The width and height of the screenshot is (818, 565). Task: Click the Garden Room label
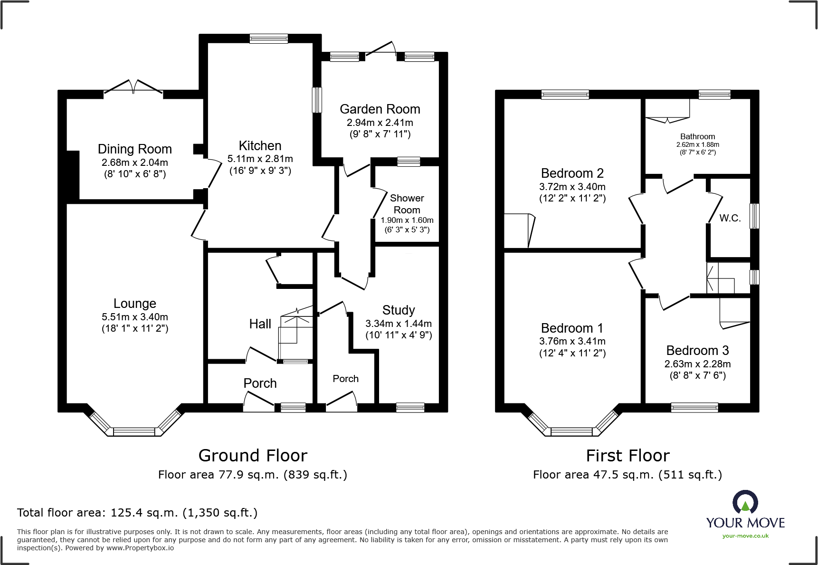point(380,109)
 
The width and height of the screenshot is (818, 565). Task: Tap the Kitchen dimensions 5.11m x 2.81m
point(260,159)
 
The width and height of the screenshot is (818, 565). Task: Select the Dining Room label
point(134,149)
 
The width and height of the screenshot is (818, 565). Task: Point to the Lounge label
point(134,303)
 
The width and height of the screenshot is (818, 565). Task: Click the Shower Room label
point(407,204)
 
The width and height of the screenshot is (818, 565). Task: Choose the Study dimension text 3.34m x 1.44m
point(398,324)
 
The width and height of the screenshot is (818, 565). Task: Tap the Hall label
point(260,324)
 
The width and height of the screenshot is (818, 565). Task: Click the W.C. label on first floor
point(730,218)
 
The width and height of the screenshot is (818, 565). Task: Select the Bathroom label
point(697,136)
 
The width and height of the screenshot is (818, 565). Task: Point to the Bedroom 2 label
point(572,173)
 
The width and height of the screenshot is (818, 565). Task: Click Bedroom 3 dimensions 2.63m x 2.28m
point(697,364)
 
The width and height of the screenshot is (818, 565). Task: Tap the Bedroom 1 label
point(572,328)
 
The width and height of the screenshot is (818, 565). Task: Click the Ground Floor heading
point(253,456)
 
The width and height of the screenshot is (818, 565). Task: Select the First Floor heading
point(628,456)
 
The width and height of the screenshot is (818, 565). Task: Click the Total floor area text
point(137,513)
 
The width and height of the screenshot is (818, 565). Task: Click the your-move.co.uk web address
point(745,536)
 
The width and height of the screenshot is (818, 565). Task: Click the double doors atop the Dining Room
point(133,88)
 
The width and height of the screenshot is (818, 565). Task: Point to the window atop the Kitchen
point(268,39)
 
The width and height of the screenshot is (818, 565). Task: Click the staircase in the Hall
point(295,335)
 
